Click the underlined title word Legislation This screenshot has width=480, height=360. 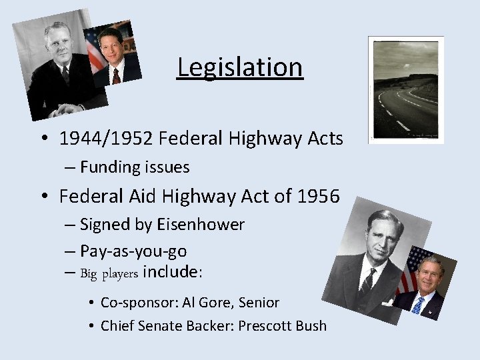click(x=240, y=67)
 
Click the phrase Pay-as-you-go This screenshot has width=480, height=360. click(x=133, y=251)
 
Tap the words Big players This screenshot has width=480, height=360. click(x=109, y=273)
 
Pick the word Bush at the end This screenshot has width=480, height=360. click(x=310, y=326)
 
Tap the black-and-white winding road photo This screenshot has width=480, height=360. click(x=406, y=90)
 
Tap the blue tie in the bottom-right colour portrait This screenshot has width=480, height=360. click(x=418, y=305)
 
